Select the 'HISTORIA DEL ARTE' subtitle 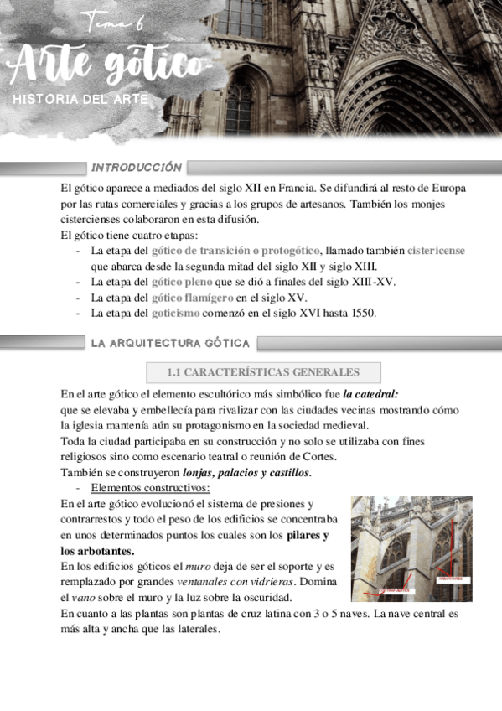80,100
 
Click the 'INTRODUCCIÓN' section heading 137,168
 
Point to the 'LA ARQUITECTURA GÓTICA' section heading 170,343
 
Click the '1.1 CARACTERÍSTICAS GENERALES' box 263,372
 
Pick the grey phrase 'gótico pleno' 182,282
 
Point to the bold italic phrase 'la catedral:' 370,393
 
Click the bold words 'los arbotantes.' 98,551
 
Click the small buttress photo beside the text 411,548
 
